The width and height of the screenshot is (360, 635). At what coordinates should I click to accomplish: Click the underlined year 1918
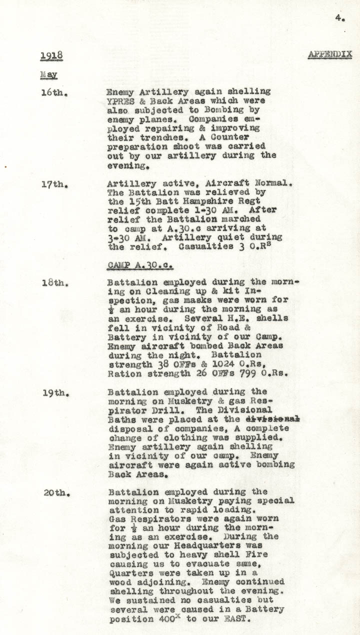(x=51, y=55)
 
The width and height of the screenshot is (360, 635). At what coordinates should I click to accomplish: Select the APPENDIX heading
(x=330, y=54)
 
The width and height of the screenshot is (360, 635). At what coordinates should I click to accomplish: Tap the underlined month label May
(x=48, y=75)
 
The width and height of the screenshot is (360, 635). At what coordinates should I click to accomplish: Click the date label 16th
(x=54, y=92)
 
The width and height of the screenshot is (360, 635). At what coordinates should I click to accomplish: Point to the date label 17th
(x=54, y=184)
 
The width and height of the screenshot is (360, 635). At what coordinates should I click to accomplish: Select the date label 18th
(x=54, y=282)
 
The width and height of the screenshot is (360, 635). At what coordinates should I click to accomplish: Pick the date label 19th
(x=55, y=393)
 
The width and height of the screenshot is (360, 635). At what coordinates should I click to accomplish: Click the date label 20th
(x=56, y=493)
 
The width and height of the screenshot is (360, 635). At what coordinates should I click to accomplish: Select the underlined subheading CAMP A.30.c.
(x=140, y=265)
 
